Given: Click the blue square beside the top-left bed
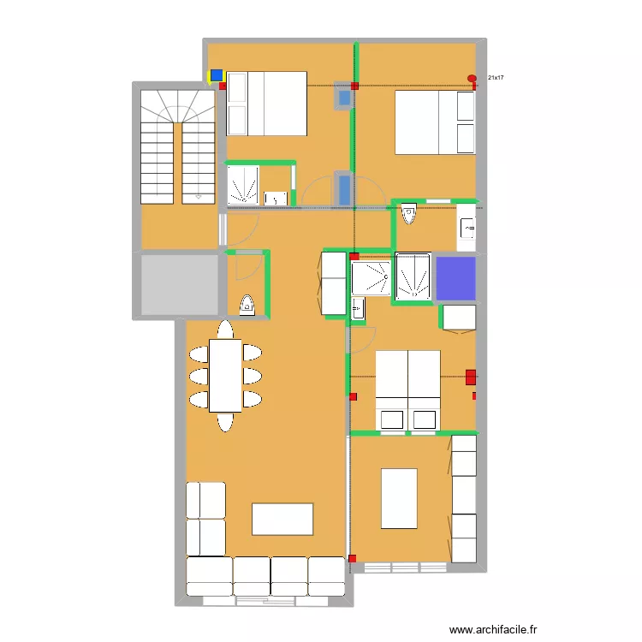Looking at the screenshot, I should click(217, 75).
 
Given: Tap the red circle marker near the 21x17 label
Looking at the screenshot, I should click(472, 79).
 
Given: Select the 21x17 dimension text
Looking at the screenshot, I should click(496, 78).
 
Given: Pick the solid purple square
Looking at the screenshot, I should click(455, 277).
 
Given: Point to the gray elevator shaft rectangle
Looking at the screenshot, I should click(179, 283).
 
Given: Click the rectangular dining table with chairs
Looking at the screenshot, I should click(226, 375).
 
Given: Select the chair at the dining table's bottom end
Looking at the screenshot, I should click(225, 421).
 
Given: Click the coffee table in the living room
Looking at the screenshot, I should click(282, 519).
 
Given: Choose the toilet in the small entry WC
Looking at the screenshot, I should click(247, 305).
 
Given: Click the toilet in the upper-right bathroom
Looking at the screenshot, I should click(408, 213).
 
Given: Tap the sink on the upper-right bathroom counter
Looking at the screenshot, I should click(467, 228).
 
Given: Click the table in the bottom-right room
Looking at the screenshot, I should click(399, 498).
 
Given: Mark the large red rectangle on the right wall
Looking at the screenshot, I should click(470, 375).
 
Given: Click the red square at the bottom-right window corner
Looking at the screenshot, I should click(353, 559).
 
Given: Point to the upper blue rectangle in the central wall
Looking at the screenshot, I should click(344, 98).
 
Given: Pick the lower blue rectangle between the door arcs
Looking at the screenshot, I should click(344, 189).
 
